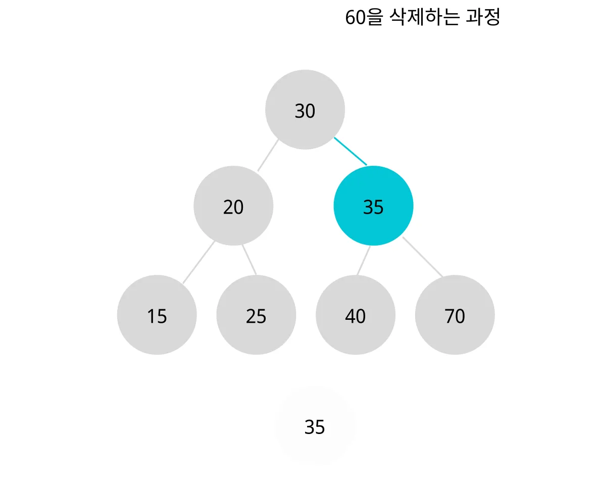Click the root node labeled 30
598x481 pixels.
tap(305, 110)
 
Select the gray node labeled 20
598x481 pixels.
tap(233, 206)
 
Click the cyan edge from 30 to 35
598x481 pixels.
tap(350, 151)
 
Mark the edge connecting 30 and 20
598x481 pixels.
tap(268, 155)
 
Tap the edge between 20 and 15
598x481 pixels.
tap(198, 262)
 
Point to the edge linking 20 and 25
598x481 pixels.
tap(249, 260)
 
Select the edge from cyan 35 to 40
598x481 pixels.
tap(364, 261)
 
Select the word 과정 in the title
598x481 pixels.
tap(483, 18)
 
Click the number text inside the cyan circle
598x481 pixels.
tap(373, 207)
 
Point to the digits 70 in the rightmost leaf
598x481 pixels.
tap(455, 316)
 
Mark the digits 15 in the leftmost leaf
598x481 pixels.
tap(157, 316)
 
